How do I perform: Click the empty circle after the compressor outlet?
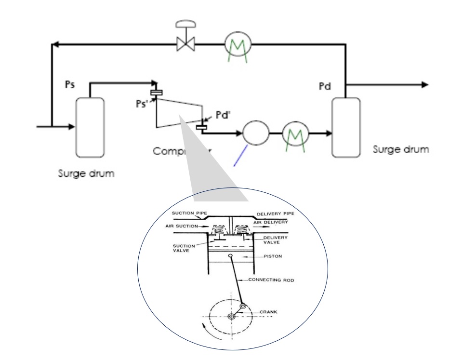pos(256,132)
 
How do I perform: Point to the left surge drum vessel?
pos(90,127)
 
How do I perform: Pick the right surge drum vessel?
pos(346,127)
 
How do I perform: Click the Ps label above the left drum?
pos(70,85)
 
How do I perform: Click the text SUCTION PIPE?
pos(189,213)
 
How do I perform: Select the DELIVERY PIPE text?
pos(275,213)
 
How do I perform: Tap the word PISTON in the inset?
pos(273,256)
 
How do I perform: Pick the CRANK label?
pos(268,312)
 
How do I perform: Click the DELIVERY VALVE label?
pos(275,240)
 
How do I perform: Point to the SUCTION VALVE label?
pos(184,248)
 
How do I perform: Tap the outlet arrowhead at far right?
pos(424,85)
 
